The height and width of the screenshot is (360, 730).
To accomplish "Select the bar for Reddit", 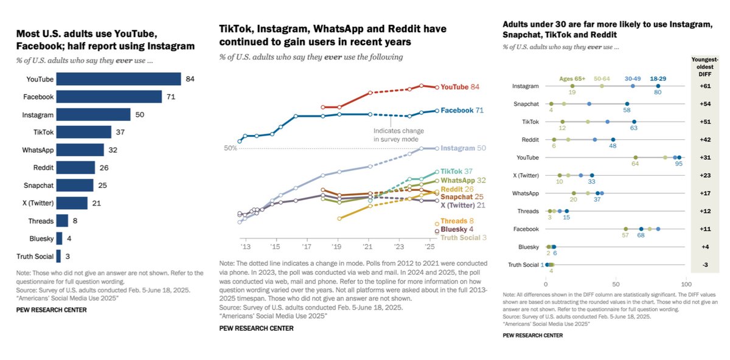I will (75, 168).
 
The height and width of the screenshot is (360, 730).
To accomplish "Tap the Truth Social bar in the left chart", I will (58, 256).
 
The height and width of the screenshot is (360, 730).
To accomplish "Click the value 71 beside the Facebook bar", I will (172, 97).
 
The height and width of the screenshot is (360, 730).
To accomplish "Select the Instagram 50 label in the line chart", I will (463, 148).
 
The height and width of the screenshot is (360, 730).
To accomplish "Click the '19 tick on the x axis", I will (338, 247).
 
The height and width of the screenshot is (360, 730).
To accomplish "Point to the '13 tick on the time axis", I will (246, 247).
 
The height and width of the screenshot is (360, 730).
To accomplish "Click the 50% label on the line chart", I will (230, 148).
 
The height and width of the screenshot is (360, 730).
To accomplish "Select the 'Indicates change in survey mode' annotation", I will (398, 135).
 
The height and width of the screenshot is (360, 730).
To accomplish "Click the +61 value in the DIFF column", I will (705, 86).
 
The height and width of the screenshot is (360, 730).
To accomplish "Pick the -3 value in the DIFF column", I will (705, 265).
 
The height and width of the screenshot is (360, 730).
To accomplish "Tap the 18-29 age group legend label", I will (658, 78).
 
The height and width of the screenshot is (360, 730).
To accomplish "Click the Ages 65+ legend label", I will (571, 78).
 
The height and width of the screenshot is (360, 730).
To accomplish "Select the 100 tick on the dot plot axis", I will (686, 284).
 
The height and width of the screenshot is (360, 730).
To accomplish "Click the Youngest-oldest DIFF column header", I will (705, 66).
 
